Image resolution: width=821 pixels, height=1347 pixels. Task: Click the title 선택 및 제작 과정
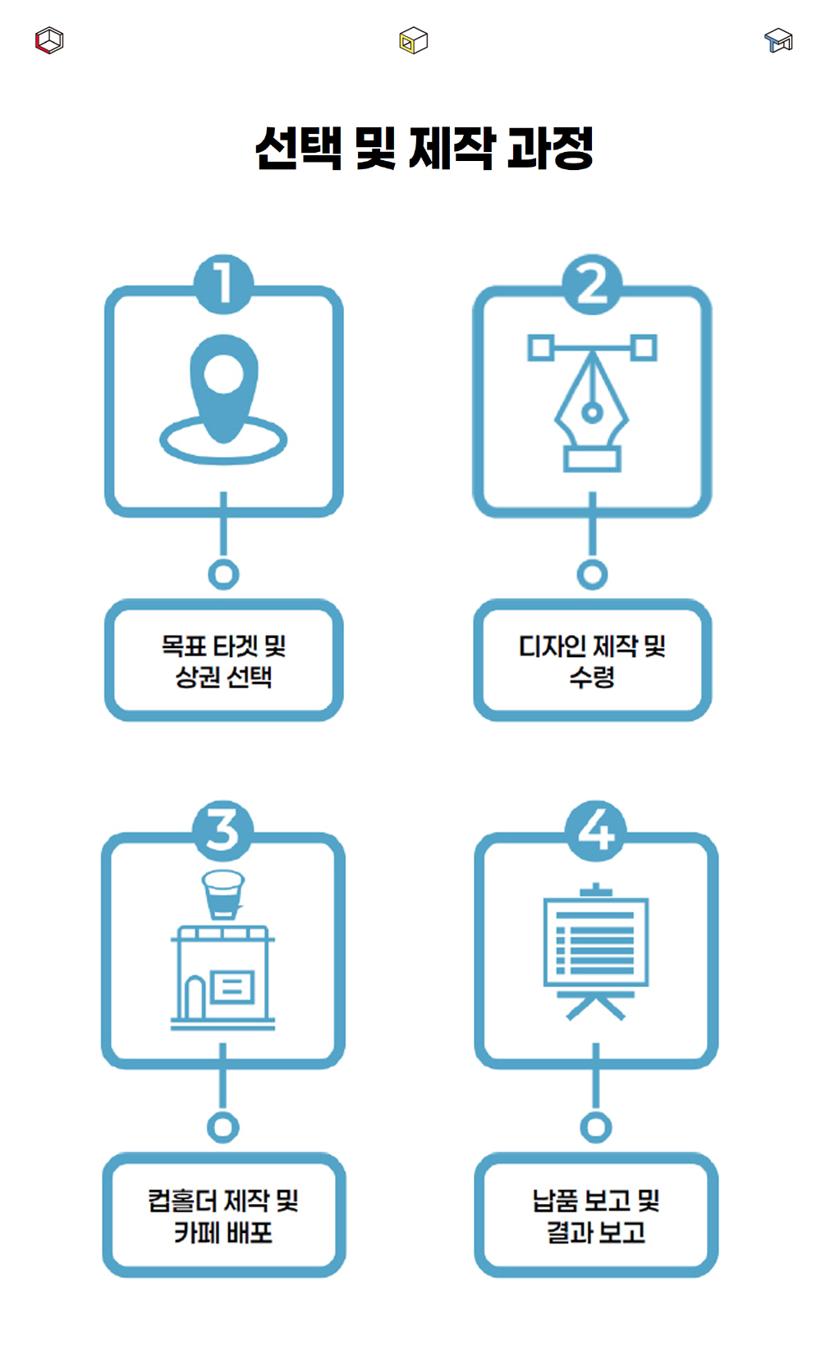[424, 149]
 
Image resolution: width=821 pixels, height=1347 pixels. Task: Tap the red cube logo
[49, 40]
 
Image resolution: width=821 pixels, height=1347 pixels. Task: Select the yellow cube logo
[413, 40]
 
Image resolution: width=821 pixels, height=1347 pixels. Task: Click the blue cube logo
[777, 40]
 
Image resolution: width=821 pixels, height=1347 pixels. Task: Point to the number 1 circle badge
[223, 284]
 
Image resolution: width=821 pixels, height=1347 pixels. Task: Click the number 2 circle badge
[592, 284]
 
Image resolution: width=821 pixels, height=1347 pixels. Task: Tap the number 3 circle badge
[222, 830]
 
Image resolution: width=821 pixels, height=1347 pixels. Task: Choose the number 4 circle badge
[596, 830]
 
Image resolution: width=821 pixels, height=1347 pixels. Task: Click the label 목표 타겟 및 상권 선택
[223, 661]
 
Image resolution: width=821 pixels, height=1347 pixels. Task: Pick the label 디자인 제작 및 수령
[592, 661]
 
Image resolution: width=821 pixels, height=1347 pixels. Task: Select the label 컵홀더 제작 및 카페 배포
[223, 1216]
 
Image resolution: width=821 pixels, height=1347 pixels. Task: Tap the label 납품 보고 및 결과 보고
[596, 1216]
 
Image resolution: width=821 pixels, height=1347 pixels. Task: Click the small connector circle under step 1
[223, 574]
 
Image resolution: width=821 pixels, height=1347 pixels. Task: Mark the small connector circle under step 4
[596, 1127]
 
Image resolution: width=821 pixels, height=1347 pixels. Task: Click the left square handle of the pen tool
[539, 347]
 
